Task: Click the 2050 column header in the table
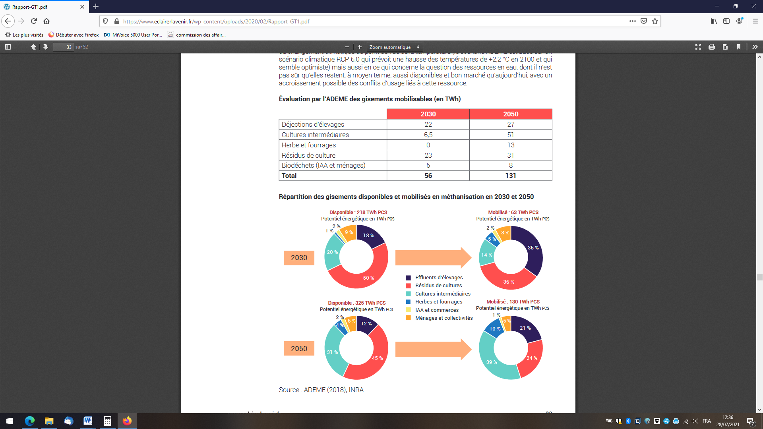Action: [x=511, y=114]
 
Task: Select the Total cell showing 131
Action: [x=511, y=176]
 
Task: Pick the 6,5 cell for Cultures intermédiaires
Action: [x=428, y=135]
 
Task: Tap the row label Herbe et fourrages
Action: [x=308, y=145]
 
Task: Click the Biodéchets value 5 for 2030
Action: [x=428, y=165]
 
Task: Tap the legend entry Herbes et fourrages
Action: [x=438, y=302]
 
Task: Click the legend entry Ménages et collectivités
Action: [x=443, y=318]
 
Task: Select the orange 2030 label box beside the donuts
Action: [x=299, y=258]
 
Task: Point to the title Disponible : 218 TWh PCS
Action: [x=358, y=213]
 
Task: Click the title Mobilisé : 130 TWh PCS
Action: [x=513, y=302]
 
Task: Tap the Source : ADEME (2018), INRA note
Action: [x=321, y=390]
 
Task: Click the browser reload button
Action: [x=34, y=21]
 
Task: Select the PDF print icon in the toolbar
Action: [x=711, y=47]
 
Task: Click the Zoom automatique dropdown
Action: [x=394, y=47]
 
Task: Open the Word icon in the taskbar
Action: [x=88, y=421]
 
